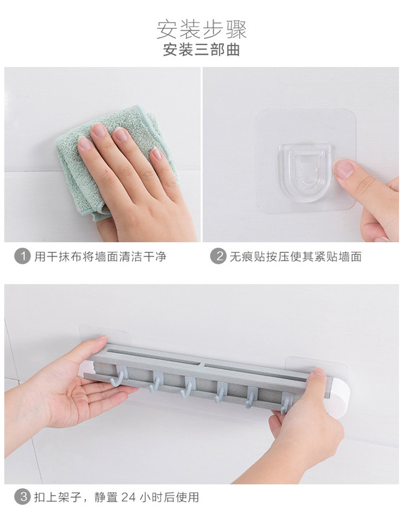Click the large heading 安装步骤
pos(202,30)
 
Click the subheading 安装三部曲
pos(202,50)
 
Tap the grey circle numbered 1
pos(22,257)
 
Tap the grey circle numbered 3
pos(22,497)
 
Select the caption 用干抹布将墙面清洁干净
pos(101,257)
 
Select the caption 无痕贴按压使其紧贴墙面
pos(296,257)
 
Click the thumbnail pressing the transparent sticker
pos(344,169)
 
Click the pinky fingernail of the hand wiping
pos(157,154)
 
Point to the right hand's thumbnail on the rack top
pos(319,372)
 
